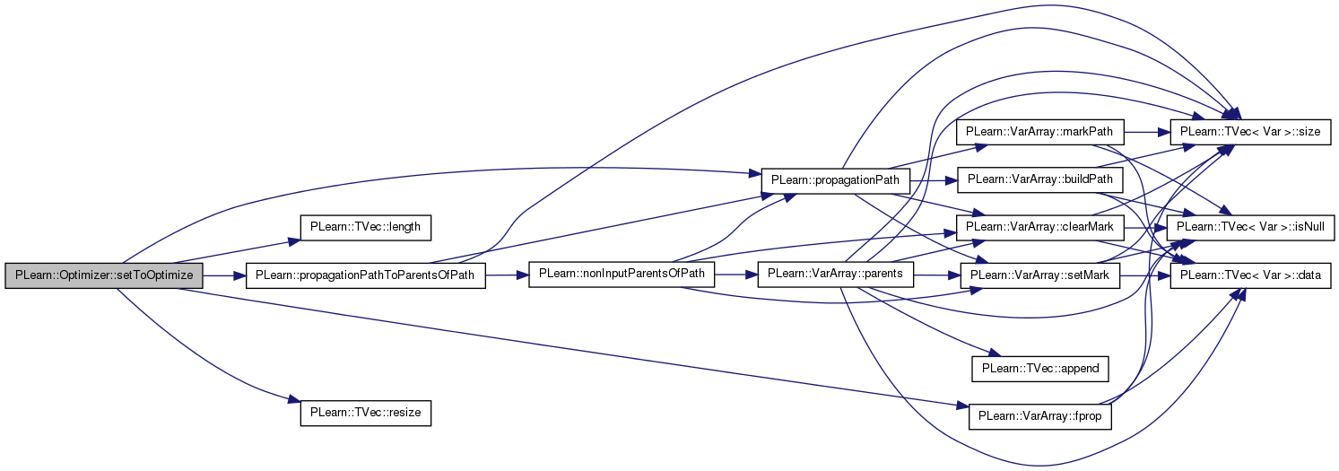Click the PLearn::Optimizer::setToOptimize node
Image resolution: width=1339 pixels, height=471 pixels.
(x=103, y=275)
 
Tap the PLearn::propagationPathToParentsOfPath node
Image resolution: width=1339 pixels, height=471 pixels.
(x=365, y=275)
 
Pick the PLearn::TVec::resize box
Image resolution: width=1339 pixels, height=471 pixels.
(x=365, y=414)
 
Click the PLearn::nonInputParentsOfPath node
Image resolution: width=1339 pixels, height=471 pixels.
(x=622, y=275)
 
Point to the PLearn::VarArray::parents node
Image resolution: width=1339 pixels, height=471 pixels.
(x=835, y=275)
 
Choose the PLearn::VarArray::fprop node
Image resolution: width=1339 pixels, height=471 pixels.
(x=1040, y=417)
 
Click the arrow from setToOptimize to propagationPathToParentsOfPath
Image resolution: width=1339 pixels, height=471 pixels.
(x=224, y=275)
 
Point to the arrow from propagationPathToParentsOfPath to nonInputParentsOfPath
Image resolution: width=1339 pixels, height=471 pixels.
(x=507, y=275)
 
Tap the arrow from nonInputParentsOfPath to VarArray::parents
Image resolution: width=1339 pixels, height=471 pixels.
(x=736, y=275)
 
